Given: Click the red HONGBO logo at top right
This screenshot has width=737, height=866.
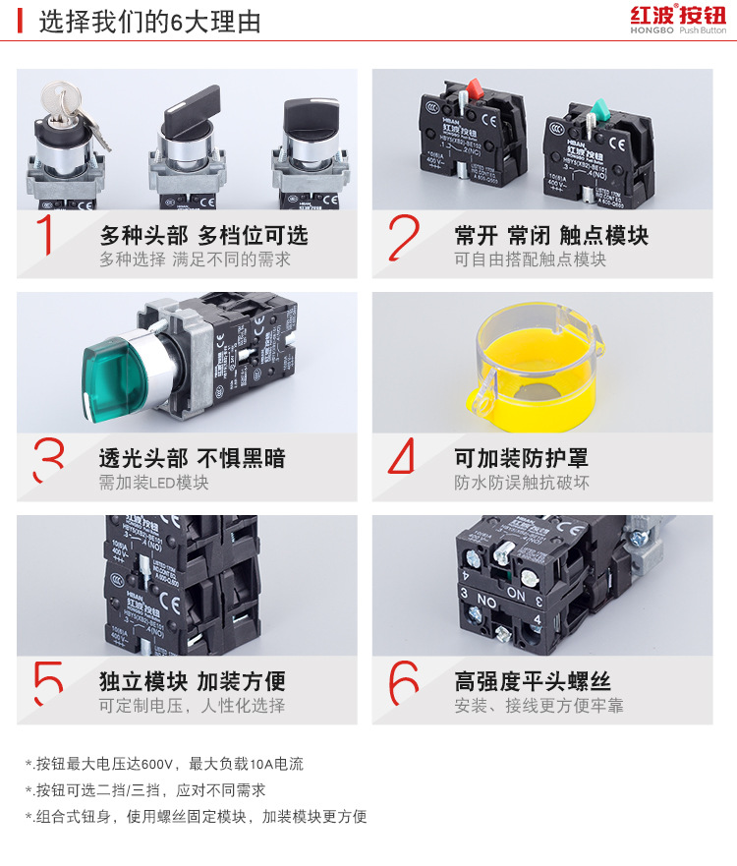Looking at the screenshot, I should pyautogui.click(x=677, y=20).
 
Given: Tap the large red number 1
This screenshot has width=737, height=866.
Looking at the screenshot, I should pyautogui.click(x=44, y=236).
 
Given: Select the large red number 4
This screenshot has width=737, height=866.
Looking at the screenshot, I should pyautogui.click(x=402, y=458).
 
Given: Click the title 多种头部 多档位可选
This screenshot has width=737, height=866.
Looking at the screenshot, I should pyautogui.click(x=203, y=236).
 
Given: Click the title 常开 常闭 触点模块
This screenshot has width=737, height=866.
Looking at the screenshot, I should pyautogui.click(x=551, y=236).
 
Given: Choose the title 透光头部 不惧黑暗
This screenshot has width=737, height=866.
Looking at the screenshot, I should pyautogui.click(x=193, y=459).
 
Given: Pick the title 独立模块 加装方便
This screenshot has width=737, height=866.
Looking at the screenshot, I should pyautogui.click(x=193, y=682).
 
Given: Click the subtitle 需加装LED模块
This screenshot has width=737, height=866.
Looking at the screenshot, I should pyautogui.click(x=153, y=483).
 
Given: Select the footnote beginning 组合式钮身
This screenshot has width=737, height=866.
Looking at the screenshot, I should pyautogui.click(x=196, y=816).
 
